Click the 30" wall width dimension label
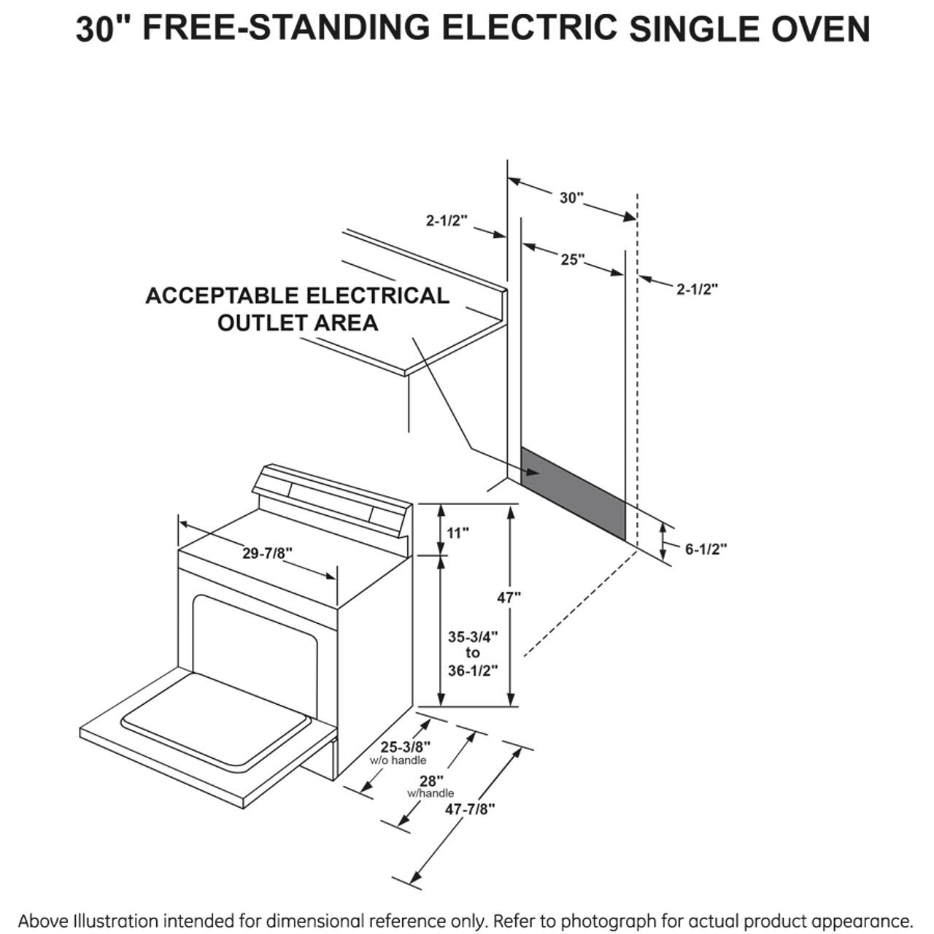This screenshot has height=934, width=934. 571,198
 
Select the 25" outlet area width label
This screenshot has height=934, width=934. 573,259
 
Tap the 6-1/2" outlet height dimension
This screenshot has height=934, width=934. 706,549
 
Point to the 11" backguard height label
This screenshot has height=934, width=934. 458,533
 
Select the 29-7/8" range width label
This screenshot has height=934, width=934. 267,553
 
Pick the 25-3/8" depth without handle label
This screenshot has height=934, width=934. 406,746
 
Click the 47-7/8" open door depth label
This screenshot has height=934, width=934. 471,808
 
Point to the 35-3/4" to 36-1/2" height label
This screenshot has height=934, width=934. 473,653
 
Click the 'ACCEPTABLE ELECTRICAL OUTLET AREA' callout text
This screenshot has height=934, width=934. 297,309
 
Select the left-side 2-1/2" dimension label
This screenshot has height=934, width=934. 446,220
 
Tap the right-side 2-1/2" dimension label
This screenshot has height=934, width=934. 697,289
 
